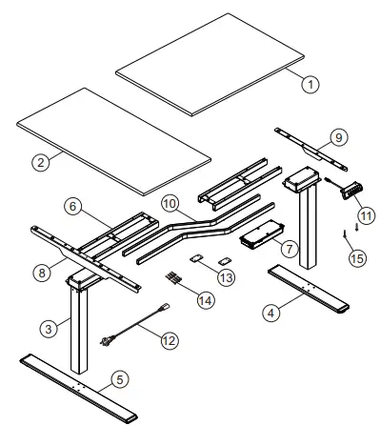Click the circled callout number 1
pos(310,84)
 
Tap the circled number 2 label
pos(41,162)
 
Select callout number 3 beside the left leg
pos(49,329)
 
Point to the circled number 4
pos(270,314)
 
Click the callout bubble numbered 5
pos(120,379)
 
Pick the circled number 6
pos(73,206)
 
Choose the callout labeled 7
pos(290,249)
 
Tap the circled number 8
pos(42,273)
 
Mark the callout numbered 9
pos(339,137)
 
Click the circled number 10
pos(170,203)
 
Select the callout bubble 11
pos(366,216)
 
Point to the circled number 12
pos(170,341)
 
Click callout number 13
pos(227,277)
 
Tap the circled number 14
pos(206,300)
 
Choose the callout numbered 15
pos(357,258)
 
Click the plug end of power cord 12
pos(105,341)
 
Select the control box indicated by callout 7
pos(261,234)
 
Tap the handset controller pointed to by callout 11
pos(351,190)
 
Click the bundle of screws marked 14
pos(173,277)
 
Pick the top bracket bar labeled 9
pos(311,150)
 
